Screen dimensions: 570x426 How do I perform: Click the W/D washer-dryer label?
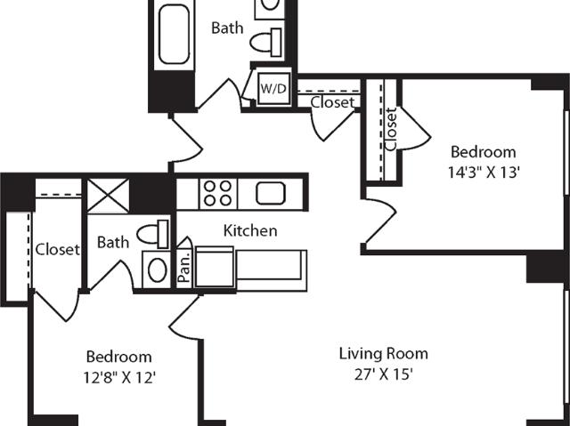[x=273, y=89]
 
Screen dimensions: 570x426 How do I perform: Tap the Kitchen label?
[x=250, y=230]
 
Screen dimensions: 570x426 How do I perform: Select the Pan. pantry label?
[x=184, y=267]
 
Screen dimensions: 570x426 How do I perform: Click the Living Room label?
[x=384, y=354]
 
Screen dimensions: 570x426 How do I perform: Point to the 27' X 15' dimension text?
[x=384, y=374]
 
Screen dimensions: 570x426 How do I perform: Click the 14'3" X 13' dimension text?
[x=483, y=173]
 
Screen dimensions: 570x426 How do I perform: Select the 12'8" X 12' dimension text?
[x=119, y=378]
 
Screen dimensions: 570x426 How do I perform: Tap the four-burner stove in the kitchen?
[x=217, y=194]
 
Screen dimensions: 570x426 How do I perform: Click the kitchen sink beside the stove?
[x=271, y=193]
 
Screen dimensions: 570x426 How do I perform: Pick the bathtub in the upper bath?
[x=175, y=34]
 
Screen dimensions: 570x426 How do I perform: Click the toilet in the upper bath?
[x=265, y=42]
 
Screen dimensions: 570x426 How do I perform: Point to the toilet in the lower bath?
[x=152, y=234]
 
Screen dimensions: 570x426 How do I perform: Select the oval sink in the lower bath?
[x=158, y=270]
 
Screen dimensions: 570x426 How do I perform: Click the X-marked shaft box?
[x=109, y=196]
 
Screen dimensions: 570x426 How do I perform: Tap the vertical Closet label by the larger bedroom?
[x=391, y=129]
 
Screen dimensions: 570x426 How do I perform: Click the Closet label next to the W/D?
[x=332, y=102]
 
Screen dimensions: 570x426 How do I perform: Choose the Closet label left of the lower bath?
[x=57, y=249]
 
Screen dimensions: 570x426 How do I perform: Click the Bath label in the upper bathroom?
[x=227, y=28]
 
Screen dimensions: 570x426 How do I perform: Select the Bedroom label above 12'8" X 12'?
[x=118, y=357]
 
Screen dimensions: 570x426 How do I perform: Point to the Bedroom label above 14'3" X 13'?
[x=483, y=152]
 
